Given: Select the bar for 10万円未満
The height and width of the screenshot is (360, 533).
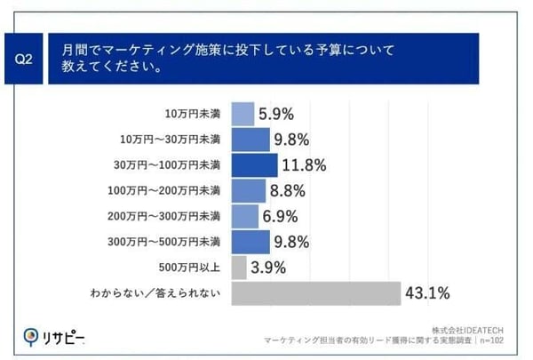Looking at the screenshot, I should click(x=243, y=114).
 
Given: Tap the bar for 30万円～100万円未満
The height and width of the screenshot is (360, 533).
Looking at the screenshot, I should click(x=254, y=165).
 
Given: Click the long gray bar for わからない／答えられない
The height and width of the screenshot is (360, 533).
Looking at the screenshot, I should click(x=314, y=292).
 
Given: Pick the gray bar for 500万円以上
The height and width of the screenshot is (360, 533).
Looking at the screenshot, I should click(x=239, y=267).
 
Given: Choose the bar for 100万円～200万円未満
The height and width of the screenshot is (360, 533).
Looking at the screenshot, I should click(x=249, y=190).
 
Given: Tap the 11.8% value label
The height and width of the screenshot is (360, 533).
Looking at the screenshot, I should click(x=304, y=165).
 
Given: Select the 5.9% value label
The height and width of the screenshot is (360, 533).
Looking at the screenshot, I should click(x=276, y=114).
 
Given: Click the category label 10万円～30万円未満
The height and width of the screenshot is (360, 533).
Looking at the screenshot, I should click(x=170, y=140).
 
